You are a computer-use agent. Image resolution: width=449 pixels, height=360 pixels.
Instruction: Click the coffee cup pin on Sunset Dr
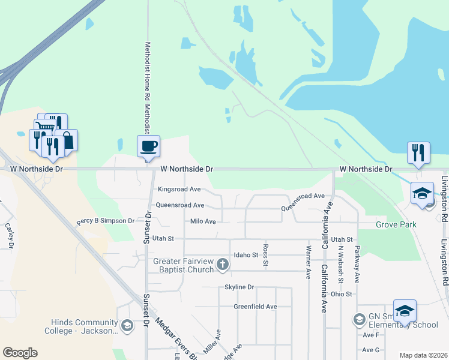[148, 146]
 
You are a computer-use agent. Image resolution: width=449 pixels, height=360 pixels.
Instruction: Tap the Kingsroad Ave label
[179, 188]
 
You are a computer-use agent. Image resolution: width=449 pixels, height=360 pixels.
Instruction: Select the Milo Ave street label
[203, 221]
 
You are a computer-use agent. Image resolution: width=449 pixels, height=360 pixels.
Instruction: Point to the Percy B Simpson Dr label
[106, 221]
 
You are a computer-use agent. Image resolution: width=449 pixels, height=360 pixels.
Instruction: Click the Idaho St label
[246, 255]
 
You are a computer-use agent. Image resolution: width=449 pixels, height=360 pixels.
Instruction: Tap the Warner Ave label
[309, 262]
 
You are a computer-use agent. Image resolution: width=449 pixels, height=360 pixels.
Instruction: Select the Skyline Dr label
[240, 287]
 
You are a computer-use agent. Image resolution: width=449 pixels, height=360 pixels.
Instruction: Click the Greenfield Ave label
[255, 307]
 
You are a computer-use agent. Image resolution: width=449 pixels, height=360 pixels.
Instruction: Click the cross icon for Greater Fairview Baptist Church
[222, 265]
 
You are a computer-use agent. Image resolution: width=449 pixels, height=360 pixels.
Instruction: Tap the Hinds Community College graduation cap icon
[127, 326]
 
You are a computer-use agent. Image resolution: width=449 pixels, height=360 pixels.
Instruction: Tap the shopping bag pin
[68, 140]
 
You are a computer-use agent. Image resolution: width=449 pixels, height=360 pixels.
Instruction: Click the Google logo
[20, 353]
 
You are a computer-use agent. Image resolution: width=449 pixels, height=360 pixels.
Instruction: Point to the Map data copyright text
[423, 355]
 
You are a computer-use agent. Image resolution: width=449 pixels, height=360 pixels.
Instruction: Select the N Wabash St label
[340, 265]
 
